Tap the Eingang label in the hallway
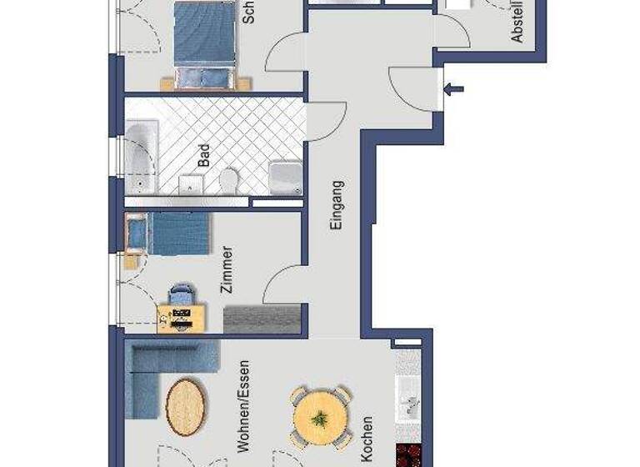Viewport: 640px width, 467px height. tap(337, 205)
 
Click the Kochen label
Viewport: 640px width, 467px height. tap(367, 439)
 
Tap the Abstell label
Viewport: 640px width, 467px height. tap(517, 21)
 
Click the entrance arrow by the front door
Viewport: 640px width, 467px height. tap(454, 90)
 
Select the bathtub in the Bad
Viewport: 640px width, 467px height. tap(141, 158)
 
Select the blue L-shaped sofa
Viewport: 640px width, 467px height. tap(158, 371)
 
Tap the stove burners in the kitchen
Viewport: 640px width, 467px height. tap(409, 455)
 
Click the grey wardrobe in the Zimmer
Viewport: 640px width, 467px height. tap(262, 319)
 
